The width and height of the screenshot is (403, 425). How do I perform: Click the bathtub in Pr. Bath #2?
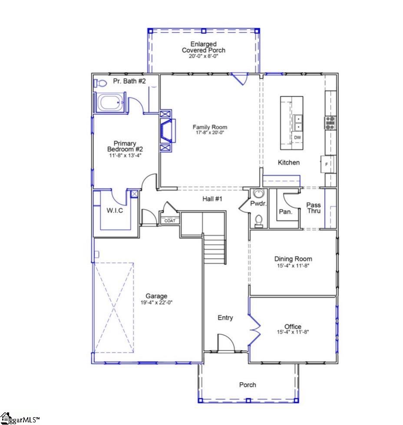tap(109, 103)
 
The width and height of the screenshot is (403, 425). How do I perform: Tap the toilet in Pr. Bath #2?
tap(100, 82)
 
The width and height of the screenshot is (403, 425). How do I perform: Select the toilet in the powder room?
tap(259, 221)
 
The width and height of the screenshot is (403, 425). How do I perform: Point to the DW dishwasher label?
tap(297, 138)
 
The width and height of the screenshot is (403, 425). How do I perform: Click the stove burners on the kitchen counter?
tap(330, 123)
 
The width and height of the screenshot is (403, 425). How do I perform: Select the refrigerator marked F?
tap(327, 164)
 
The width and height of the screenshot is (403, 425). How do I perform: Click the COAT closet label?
tap(170, 221)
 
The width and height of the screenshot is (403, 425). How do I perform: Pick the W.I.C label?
tap(115, 211)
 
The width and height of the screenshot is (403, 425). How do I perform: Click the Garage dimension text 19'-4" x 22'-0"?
tap(156, 303)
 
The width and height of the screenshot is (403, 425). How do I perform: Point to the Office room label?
tap(293, 327)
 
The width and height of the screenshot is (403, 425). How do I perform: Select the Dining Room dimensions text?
tap(293, 265)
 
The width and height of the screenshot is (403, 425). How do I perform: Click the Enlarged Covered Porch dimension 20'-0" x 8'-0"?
tap(203, 56)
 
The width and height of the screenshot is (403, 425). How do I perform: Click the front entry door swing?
tap(225, 342)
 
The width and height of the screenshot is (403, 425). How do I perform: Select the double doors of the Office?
tap(254, 326)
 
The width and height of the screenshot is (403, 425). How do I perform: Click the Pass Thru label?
tap(314, 208)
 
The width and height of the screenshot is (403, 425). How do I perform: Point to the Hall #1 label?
tap(212, 199)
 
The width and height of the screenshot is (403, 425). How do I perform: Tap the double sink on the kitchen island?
tap(298, 123)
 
